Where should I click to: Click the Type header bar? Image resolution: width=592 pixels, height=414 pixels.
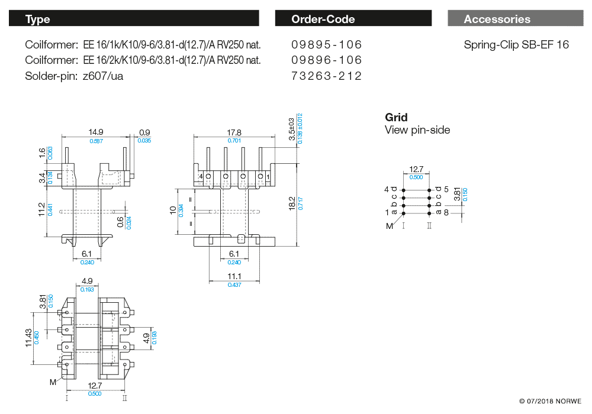coord(134,19)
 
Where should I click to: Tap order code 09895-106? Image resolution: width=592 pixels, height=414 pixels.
coord(326,45)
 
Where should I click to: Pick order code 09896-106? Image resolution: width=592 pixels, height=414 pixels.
coord(326,60)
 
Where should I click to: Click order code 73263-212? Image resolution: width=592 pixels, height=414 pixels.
coord(326,76)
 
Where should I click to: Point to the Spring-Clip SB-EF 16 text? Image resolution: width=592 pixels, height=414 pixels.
coord(516,45)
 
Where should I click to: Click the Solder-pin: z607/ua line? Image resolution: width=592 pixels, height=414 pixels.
coord(75,76)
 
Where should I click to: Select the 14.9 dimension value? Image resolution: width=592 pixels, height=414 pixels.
coord(96,132)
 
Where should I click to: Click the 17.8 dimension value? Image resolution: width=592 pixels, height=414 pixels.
coord(234,132)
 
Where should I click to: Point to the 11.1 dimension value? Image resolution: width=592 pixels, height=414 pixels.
coord(234,277)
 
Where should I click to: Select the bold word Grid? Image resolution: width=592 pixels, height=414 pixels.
coord(396,117)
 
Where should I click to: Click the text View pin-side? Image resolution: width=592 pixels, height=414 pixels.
coord(417,130)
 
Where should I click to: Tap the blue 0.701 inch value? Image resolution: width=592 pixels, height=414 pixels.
coord(234,141)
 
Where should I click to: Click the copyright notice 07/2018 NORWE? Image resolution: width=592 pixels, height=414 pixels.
coord(551,402)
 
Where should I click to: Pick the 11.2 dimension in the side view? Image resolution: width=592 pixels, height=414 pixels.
coord(41,210)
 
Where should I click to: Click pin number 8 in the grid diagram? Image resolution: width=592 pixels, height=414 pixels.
coord(446,212)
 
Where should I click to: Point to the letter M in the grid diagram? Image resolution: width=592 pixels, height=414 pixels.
coord(389,225)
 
